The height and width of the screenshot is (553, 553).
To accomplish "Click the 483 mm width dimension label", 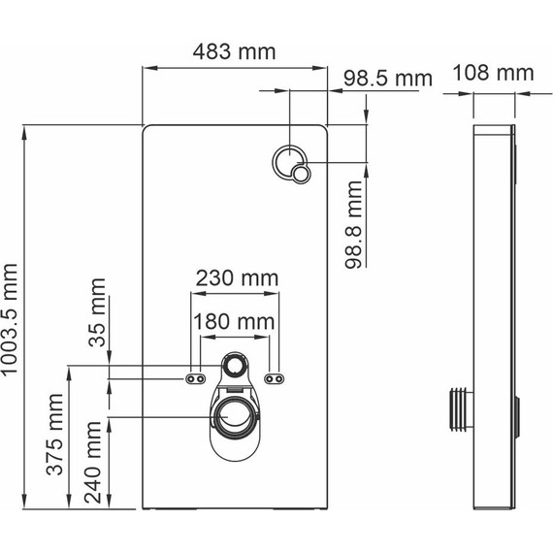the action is [234, 51].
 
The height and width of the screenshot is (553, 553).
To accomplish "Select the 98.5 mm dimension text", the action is [388, 79].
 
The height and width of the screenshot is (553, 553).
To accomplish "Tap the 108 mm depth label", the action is [493, 73].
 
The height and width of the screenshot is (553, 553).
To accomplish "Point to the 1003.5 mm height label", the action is [10, 319].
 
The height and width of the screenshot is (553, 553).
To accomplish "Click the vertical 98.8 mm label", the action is [354, 225].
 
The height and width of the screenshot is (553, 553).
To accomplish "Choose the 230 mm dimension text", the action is [237, 277].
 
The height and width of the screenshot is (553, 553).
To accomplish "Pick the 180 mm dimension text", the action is [234, 322].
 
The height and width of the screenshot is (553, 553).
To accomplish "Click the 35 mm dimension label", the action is [97, 312].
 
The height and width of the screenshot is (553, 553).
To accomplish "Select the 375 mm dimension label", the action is [55, 434].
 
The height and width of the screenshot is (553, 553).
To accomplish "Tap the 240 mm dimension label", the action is [93, 462].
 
